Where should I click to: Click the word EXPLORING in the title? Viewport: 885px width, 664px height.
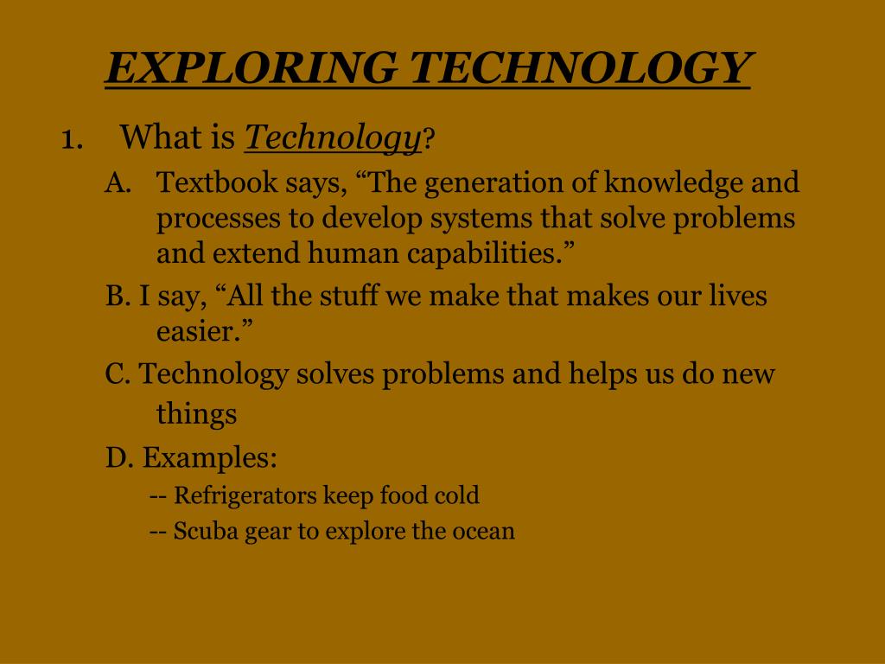(250, 67)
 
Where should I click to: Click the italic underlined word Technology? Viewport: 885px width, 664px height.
(333, 137)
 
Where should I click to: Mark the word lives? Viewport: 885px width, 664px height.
(738, 297)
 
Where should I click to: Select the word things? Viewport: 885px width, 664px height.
(196, 414)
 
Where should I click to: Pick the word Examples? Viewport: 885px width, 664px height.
(208, 457)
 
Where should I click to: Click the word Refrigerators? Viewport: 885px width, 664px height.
(245, 496)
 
